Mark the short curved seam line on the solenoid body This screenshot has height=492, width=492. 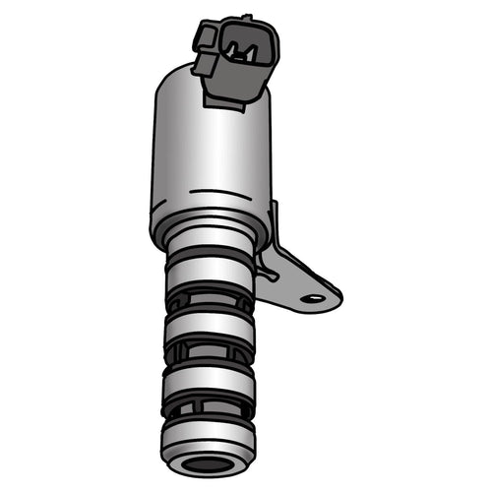pos(212,189)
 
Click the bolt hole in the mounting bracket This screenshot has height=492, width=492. pos(313,297)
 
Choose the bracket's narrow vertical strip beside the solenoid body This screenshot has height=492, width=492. pos(273,226)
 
